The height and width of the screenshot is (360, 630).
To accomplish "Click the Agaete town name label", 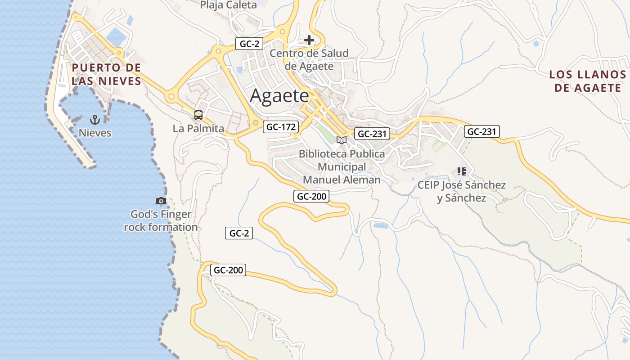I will click(x=279, y=96).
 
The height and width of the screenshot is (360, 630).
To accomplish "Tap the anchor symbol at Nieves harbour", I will click(x=94, y=119).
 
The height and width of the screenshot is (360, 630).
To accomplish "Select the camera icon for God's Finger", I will click(x=161, y=201).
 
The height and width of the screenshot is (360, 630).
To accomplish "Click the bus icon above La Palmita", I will click(x=198, y=115).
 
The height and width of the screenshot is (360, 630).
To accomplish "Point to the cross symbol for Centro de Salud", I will click(x=309, y=40).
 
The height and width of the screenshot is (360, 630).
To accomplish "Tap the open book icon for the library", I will click(x=342, y=140).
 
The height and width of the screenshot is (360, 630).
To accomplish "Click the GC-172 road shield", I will click(x=281, y=127).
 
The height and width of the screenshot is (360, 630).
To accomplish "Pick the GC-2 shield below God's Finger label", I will click(x=238, y=233).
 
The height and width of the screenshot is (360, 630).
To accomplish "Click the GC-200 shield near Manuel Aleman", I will click(x=311, y=196).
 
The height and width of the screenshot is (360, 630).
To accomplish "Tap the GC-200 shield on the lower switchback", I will click(x=228, y=270).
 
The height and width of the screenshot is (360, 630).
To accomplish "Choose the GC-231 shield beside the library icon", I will click(x=372, y=134).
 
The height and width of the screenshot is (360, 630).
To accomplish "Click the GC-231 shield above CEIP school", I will click(x=482, y=131).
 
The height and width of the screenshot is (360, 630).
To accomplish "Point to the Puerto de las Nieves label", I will click(x=106, y=74).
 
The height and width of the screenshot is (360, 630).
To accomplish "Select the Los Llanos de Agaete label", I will click(x=587, y=81).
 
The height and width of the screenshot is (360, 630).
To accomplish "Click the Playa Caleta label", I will click(x=228, y=5).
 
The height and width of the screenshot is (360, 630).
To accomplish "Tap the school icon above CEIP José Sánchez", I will click(x=461, y=171).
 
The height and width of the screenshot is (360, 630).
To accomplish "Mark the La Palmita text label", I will click(x=198, y=129).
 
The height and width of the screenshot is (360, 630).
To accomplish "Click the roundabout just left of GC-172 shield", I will click(x=256, y=122).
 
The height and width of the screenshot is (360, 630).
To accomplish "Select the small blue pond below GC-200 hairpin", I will click(x=380, y=225).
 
